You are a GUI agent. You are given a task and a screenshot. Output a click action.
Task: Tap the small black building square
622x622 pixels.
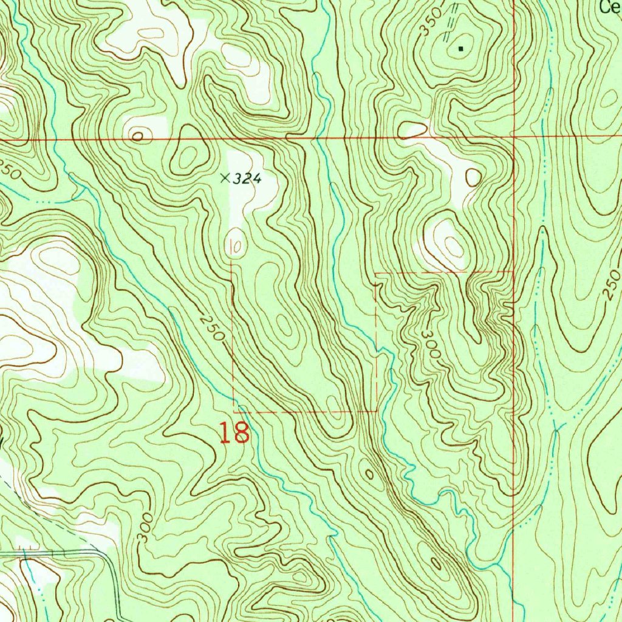(460, 47)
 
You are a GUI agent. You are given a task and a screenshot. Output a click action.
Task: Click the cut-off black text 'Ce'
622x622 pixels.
(609, 7)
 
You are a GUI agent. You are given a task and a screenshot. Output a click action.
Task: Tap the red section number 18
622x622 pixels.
(234, 432)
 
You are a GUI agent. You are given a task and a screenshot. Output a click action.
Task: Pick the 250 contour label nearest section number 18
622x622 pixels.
(212, 328)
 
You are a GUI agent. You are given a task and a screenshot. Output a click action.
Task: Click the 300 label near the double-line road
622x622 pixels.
(144, 531)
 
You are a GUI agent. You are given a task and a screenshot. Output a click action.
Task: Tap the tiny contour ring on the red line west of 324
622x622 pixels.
(139, 137)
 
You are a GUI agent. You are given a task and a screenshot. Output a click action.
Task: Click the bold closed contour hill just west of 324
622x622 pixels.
(188, 157)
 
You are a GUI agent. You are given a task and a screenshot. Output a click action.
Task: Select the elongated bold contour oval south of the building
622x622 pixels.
(413, 129)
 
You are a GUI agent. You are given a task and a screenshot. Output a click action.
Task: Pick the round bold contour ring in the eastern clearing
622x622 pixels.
(473, 177)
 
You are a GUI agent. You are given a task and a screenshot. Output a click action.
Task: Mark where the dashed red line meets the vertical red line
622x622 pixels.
(514, 272)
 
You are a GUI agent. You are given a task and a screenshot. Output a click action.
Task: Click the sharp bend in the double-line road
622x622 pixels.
(109, 556)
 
